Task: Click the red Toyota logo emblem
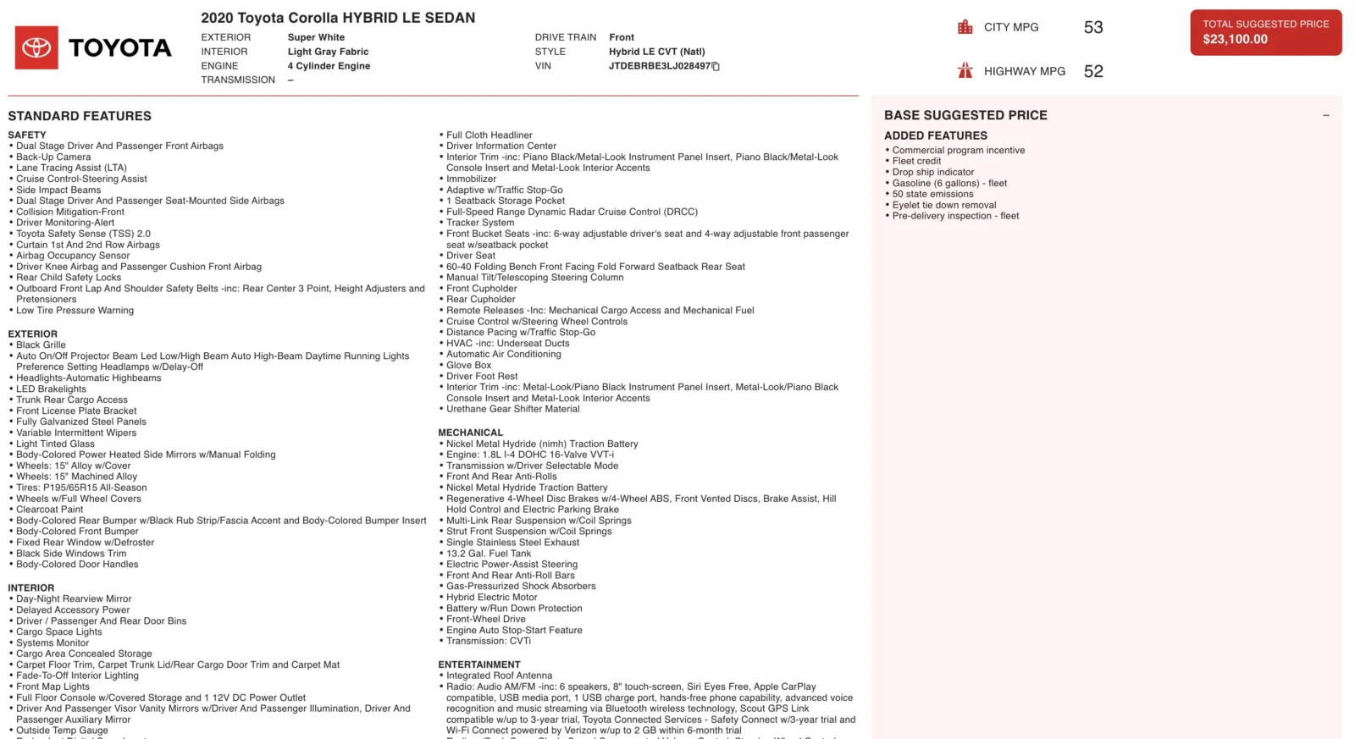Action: click(36, 47)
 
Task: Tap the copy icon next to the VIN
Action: click(716, 66)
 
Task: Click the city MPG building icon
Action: click(965, 27)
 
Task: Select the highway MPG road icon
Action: click(965, 71)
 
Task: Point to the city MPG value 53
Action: click(1093, 27)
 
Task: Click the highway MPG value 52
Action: click(1093, 71)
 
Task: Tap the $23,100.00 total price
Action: click(1235, 39)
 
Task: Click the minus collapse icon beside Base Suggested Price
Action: click(1326, 115)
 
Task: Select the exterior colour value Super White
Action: click(316, 37)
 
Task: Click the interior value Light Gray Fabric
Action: click(328, 52)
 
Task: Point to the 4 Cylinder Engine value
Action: click(329, 66)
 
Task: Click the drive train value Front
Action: click(622, 37)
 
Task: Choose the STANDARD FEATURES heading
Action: click(80, 116)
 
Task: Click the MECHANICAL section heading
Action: click(470, 433)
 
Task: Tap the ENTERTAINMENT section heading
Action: click(479, 665)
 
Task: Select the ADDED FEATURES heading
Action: click(936, 135)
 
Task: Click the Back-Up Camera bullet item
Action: click(53, 157)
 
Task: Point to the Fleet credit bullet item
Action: click(916, 161)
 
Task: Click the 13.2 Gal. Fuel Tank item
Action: click(489, 554)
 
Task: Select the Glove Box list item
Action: click(468, 366)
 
